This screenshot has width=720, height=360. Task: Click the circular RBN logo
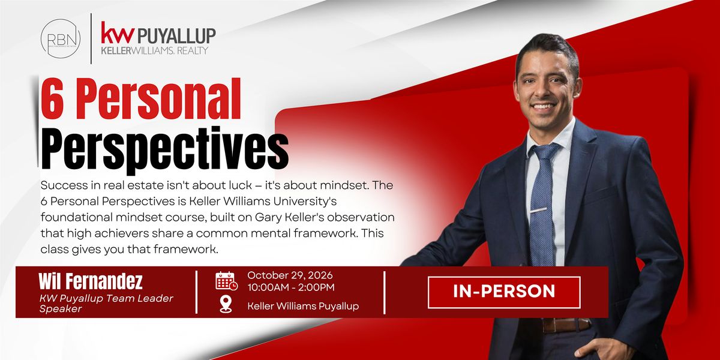pyautogui.click(x=61, y=38)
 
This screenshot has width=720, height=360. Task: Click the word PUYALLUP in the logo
pyautogui.click(x=176, y=35)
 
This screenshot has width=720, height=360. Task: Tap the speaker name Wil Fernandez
pyautogui.click(x=91, y=281)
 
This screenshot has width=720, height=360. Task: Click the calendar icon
pyautogui.click(x=227, y=281)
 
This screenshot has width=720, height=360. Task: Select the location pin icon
pyautogui.click(x=226, y=304)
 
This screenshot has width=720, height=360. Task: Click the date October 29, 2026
pyautogui.click(x=290, y=275)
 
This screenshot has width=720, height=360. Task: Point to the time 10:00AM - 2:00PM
pyautogui.click(x=291, y=287)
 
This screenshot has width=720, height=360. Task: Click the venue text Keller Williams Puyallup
pyautogui.click(x=303, y=306)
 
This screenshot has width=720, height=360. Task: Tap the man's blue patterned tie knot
pyautogui.click(x=545, y=152)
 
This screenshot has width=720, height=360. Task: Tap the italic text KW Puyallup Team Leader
pyautogui.click(x=106, y=299)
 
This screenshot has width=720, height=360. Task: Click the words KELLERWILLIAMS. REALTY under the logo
pyautogui.click(x=155, y=50)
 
